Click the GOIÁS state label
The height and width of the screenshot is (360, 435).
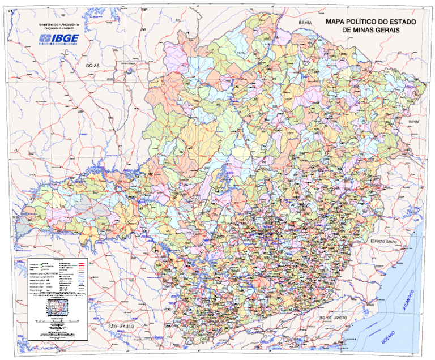(x=93, y=66)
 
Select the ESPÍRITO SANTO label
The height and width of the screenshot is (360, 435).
(x=386, y=242)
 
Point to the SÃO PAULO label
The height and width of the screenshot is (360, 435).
(x=121, y=327)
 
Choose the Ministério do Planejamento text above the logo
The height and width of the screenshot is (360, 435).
(x=59, y=27)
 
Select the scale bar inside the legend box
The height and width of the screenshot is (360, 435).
(x=57, y=322)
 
